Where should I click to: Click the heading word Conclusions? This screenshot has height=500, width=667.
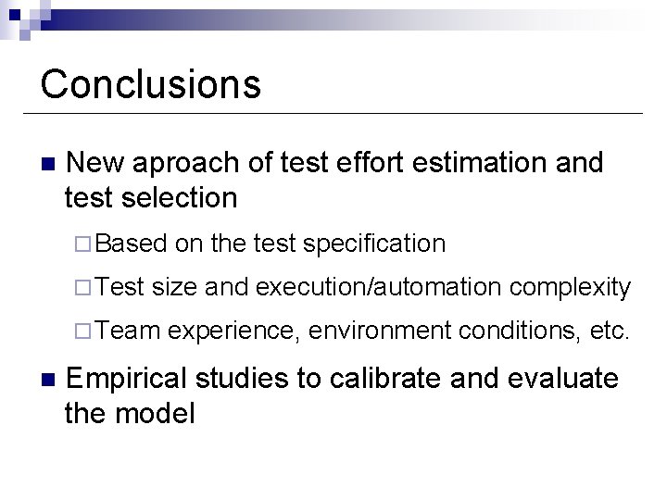click(151, 83)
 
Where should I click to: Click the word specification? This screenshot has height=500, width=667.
click(374, 244)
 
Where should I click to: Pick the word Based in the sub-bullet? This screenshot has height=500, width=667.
click(130, 244)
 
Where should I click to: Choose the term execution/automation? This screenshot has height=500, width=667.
click(379, 288)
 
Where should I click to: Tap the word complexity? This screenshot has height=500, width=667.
click(571, 288)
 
